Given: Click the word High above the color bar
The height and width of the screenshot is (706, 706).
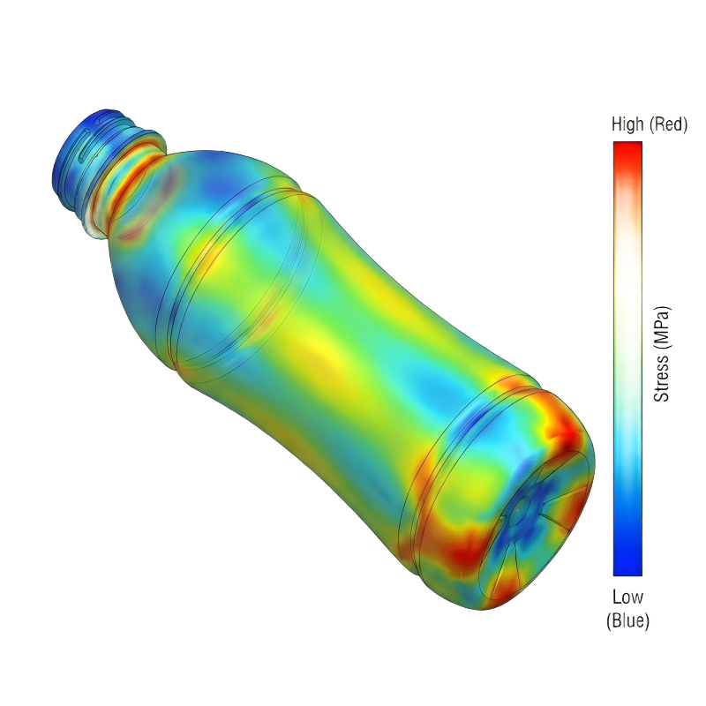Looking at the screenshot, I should (x=627, y=125).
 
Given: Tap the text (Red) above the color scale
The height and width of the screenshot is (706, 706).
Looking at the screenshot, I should (x=667, y=125).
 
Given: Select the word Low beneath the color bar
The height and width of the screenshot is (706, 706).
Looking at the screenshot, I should (x=627, y=597).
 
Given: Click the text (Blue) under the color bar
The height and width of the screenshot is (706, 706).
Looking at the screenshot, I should (x=627, y=621).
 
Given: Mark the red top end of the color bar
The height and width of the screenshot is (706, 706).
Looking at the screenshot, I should (x=627, y=150).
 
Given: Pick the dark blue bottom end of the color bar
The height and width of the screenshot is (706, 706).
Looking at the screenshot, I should (x=627, y=565).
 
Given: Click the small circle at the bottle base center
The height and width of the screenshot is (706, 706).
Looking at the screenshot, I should (x=522, y=507).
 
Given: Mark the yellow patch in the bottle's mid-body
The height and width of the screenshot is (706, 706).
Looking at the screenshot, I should (x=318, y=353).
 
